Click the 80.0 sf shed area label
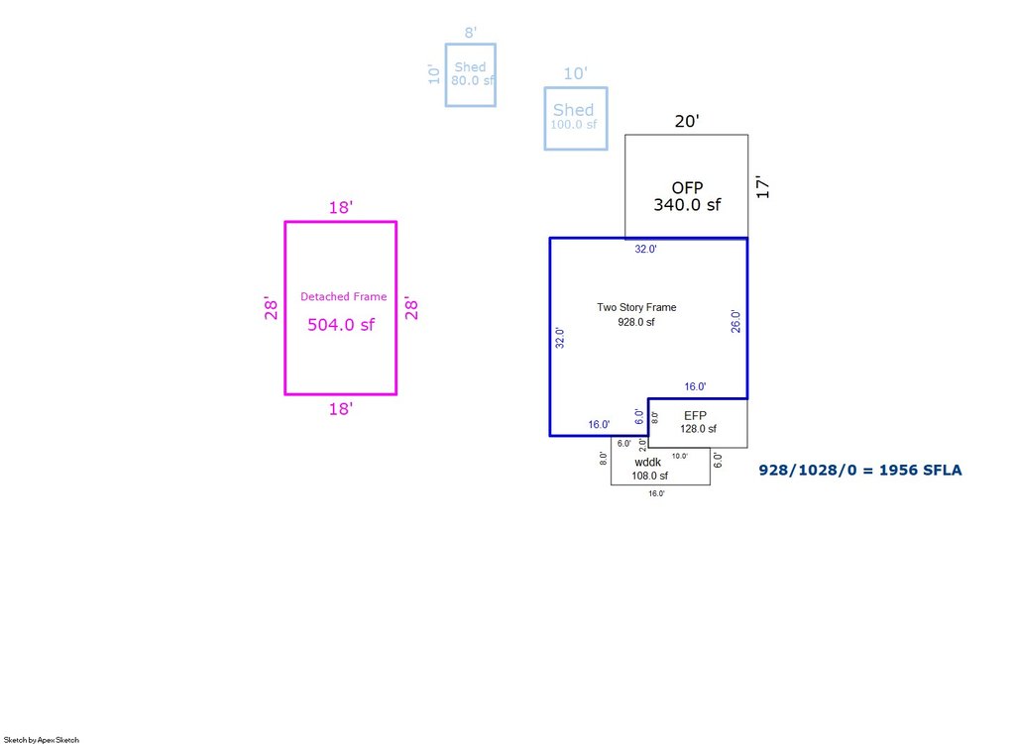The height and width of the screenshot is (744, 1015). tap(473, 81)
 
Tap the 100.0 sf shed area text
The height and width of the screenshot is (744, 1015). tap(574, 124)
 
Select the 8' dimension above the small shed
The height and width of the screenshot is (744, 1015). tap(471, 33)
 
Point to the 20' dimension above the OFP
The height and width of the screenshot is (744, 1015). tap(687, 121)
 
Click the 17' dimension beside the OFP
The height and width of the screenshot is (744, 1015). tap(763, 187)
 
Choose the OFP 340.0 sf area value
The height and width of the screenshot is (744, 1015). tap(687, 205)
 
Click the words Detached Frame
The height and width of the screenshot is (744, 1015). tap(344, 296)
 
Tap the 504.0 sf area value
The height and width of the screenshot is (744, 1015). tap(341, 325)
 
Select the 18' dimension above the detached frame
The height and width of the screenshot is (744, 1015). tap(341, 207)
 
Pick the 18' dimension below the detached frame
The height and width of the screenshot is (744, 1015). tap(341, 409)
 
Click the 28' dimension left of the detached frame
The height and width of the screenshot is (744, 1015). tap(271, 309)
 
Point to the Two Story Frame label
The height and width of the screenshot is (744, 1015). tap(636, 307)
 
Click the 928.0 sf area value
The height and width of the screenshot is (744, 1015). tap(635, 322)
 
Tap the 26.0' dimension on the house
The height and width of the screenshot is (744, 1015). tap(735, 322)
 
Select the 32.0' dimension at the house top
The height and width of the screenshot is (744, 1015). tap(645, 249)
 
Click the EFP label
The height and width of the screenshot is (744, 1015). tap(695, 416)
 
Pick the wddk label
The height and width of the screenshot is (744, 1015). tap(648, 462)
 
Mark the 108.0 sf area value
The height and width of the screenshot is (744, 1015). tap(650, 476)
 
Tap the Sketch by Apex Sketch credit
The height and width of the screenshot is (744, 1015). tap(42, 739)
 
